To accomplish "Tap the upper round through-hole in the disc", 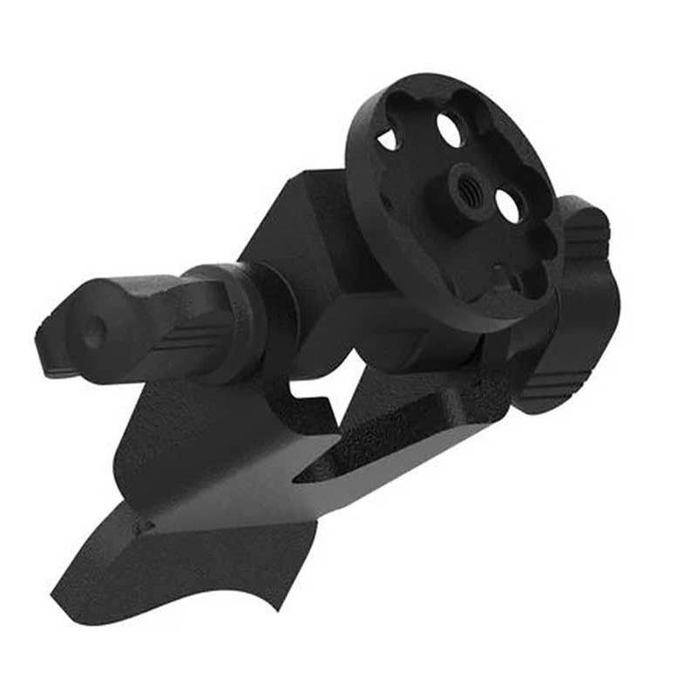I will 450,130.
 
